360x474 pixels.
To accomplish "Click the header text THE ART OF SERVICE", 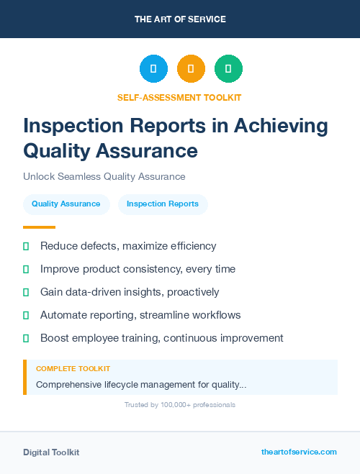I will click(180, 19).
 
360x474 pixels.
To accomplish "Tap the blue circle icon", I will click(153, 69).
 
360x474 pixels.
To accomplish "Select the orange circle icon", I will click(191, 69).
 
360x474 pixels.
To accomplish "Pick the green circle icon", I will click(228, 69).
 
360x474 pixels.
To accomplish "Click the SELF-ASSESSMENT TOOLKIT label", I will click(180, 97).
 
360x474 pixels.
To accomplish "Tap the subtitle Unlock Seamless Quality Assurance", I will click(104, 176).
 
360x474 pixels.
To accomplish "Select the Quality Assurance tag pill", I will click(66, 204).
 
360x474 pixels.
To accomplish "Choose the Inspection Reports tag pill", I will click(163, 204).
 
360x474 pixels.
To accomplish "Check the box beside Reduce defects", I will click(26, 246).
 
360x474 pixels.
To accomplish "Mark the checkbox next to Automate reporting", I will click(26, 315).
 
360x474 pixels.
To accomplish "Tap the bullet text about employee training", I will click(162, 338).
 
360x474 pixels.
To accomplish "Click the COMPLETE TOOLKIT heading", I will click(73, 368).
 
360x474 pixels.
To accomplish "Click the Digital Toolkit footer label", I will click(51, 452).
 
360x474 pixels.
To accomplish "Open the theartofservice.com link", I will click(299, 452).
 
